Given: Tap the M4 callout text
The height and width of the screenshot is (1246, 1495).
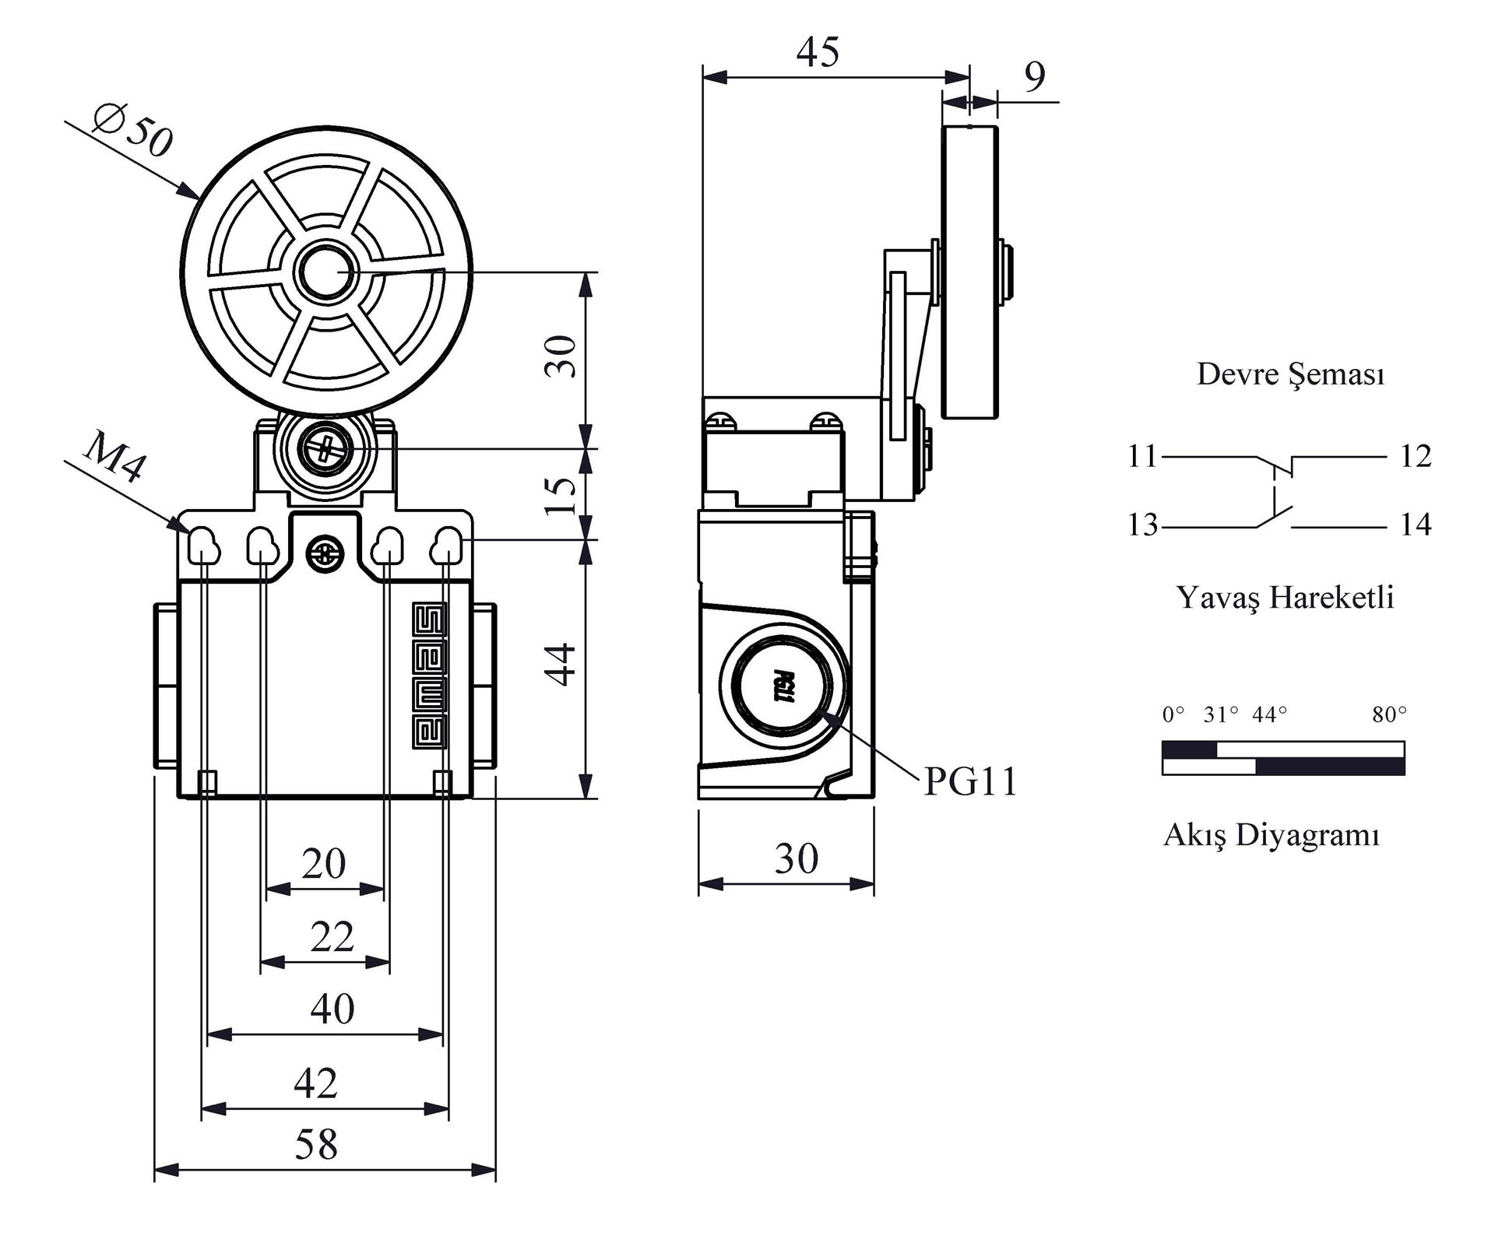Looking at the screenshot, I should (x=114, y=456).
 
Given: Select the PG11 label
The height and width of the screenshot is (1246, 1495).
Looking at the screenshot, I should (x=970, y=781).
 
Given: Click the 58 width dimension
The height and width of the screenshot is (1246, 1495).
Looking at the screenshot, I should (x=316, y=1145).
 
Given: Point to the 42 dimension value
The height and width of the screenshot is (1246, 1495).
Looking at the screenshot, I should (x=316, y=1083).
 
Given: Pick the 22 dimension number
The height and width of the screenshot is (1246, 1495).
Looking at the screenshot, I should (x=332, y=936).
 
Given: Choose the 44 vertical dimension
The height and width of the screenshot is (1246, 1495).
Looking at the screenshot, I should (x=561, y=664).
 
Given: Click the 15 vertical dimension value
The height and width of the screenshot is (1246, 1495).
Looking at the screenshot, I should (x=561, y=496).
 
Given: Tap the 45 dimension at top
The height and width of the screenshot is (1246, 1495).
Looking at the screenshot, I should (x=818, y=52).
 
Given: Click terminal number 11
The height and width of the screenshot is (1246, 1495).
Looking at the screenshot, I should (x=1142, y=456).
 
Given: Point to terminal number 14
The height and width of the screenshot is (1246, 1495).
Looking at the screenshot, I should (x=1415, y=525).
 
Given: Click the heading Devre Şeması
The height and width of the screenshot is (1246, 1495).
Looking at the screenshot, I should (x=1290, y=374).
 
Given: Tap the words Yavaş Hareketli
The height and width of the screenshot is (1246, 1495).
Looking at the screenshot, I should (x=1285, y=598).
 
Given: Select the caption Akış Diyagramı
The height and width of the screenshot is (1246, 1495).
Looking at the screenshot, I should (x=1272, y=835).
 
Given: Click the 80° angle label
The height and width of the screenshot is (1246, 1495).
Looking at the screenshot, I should (x=1389, y=714).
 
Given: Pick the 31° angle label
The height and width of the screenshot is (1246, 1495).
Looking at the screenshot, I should (x=1220, y=714).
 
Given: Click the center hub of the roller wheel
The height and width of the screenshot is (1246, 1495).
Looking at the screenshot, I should (x=326, y=271).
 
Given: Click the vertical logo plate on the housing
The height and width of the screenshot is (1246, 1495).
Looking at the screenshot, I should (x=429, y=675).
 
